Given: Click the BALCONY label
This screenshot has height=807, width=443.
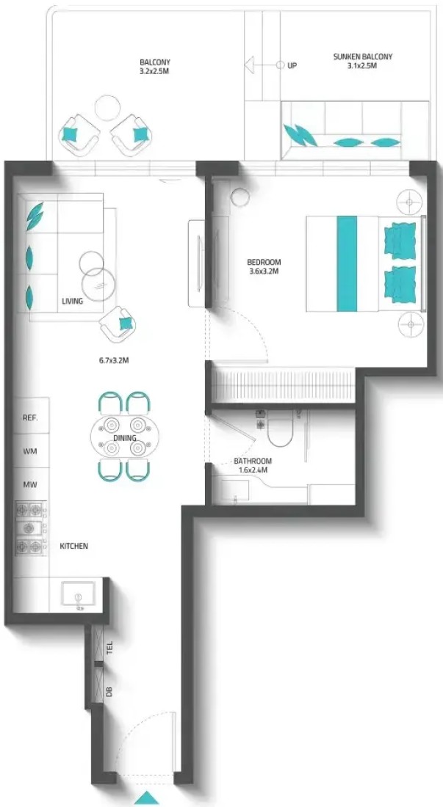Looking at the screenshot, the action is [155, 63].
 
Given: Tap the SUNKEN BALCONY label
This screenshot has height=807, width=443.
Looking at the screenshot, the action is [363, 56].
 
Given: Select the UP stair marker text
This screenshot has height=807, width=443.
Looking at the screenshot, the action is [292, 66].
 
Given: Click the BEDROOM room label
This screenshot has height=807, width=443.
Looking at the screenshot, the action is [264, 262].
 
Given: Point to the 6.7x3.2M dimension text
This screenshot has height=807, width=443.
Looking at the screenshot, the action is [114, 360].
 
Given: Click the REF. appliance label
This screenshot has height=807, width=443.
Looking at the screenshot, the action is [30, 418].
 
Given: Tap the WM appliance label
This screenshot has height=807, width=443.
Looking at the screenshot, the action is [30, 451].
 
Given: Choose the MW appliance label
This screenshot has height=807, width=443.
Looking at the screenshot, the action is [30, 484].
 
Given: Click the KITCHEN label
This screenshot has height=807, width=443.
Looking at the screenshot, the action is [73, 546].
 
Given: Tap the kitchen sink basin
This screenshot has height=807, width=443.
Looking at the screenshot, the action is [78, 594].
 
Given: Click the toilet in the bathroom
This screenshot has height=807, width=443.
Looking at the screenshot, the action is [280, 430].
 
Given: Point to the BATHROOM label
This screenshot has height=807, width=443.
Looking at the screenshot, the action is [253, 461].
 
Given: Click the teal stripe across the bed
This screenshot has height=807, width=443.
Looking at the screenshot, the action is [347, 263].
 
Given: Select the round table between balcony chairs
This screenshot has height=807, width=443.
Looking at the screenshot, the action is [108, 108].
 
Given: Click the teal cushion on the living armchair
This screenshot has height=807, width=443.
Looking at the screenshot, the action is [125, 324].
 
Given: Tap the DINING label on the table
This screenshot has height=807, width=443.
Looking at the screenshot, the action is [125, 438].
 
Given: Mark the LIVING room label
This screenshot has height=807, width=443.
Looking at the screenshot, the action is [72, 301].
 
